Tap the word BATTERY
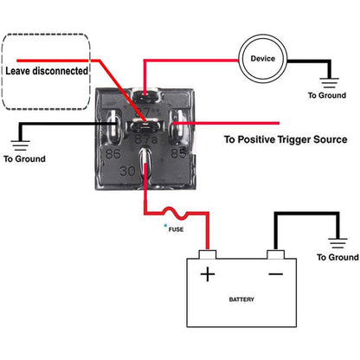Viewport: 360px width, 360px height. point(241,299)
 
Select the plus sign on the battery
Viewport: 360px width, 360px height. point(208,274)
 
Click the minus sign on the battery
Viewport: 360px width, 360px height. point(275,273)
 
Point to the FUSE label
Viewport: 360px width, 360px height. point(176,229)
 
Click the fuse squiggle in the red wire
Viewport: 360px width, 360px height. point(176,213)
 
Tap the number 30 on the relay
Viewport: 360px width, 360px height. point(127,171)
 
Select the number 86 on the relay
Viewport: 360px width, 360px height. point(113,154)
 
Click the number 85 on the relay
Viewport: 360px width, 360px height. point(178,153)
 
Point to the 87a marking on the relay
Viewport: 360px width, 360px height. point(146,139)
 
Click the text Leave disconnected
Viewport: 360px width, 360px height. point(47,71)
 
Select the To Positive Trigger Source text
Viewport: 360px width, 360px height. point(286,139)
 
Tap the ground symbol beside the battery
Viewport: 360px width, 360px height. point(337,243)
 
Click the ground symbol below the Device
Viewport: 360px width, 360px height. point(330,83)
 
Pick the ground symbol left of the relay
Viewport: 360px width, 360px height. point(20,145)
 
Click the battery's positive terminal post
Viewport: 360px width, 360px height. point(208,254)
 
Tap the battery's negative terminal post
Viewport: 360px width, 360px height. point(275,254)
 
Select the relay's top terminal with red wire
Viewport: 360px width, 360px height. point(145,95)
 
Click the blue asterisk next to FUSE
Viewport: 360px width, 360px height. point(165,225)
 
